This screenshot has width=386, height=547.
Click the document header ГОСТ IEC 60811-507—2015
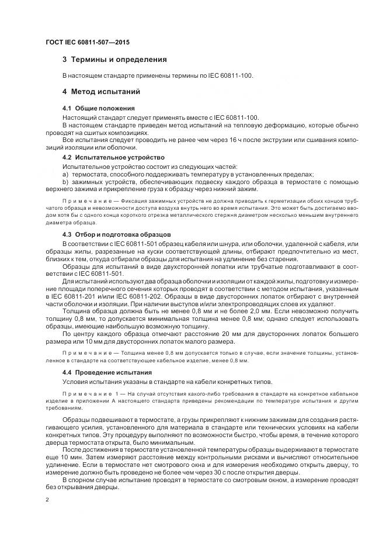[87, 43]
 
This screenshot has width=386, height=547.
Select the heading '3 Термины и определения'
[114, 59]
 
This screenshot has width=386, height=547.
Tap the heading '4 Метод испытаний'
[101, 92]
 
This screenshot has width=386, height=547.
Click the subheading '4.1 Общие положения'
[99, 108]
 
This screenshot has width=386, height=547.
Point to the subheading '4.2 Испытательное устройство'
[113, 158]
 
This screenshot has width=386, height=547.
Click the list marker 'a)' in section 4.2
[65, 174]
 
